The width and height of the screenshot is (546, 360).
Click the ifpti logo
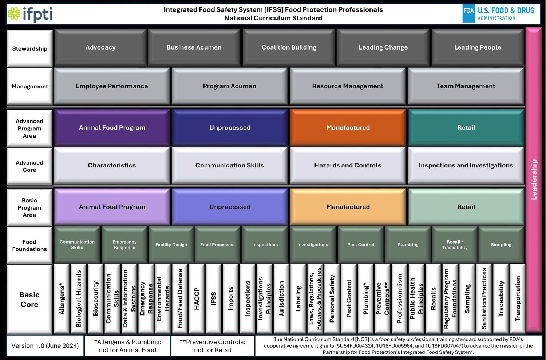coord(30,14)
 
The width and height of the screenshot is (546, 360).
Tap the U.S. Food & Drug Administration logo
coord(498,14)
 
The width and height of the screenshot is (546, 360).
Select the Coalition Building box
coord(289,47)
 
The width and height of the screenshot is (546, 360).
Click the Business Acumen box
coord(194,47)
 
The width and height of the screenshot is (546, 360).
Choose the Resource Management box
coord(347,86)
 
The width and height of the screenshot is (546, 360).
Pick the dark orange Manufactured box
coord(348,128)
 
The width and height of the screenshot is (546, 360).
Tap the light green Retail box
coord(466,207)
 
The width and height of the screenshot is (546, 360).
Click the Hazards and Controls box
coord(347,165)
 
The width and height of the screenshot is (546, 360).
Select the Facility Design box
coord(171,245)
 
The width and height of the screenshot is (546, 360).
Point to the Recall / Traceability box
coord(455,245)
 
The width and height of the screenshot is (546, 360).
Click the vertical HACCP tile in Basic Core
coord(197,298)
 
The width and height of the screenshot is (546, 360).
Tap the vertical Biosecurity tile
coord(96,298)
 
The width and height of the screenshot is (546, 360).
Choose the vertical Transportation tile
coord(518,298)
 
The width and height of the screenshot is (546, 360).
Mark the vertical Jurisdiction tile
coord(281,298)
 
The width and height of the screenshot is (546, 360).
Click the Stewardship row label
coord(30,49)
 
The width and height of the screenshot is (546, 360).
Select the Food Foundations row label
coord(30,245)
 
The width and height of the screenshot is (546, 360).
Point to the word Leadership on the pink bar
coord(534,179)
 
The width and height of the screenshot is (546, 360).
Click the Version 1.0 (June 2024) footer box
coord(45,346)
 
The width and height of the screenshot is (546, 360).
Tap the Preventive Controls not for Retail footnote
coord(213,346)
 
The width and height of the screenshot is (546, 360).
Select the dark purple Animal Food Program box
coord(112,128)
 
